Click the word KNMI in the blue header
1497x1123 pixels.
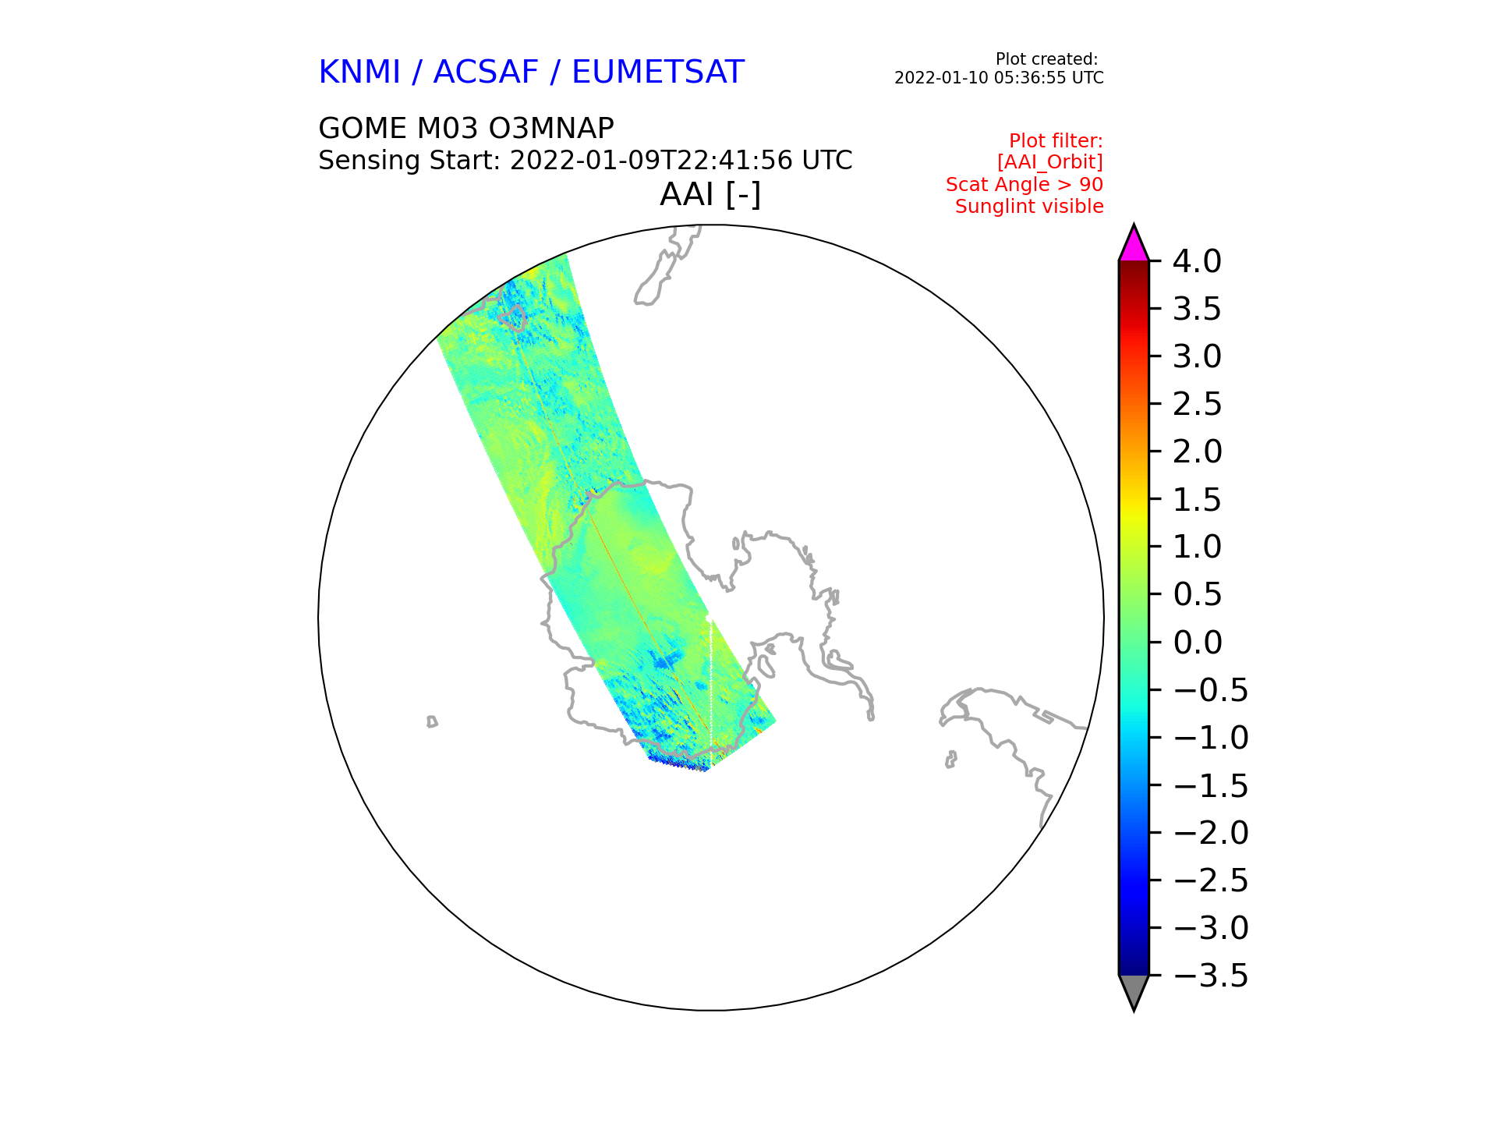(359, 73)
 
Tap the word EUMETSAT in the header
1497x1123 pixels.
(658, 73)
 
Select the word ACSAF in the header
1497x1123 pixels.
(486, 73)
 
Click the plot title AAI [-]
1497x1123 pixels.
(710, 194)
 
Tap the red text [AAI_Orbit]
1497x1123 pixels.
(1049, 162)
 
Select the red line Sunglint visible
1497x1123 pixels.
(1029, 207)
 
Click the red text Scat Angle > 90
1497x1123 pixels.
(1025, 185)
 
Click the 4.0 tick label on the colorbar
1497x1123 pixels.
(1197, 261)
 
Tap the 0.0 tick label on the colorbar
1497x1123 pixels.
(1197, 643)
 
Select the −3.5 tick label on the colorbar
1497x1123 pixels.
(1210, 976)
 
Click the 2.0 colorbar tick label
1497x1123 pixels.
(1197, 452)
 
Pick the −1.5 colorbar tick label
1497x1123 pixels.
(1210, 785)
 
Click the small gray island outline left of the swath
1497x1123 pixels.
(432, 721)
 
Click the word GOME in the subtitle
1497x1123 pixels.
(363, 128)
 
